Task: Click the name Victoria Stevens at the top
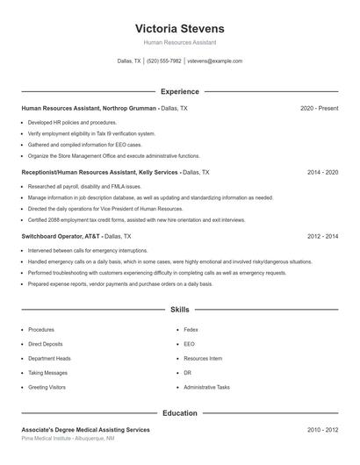pos(180,28)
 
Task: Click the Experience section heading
pos(180,91)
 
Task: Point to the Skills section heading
pos(180,310)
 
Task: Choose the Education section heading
pos(180,412)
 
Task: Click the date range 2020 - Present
pos(319,108)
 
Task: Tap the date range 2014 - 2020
pos(322,173)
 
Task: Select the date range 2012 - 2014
pos(322,237)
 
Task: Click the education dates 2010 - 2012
pos(322,430)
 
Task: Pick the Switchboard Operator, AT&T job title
pos(61,237)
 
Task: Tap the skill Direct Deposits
pos(45,344)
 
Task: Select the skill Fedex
pos(191,330)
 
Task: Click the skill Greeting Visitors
pos(47,387)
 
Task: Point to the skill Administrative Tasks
pos(206,387)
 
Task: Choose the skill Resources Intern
pos(203,359)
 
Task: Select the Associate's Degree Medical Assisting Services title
pos(85,430)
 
